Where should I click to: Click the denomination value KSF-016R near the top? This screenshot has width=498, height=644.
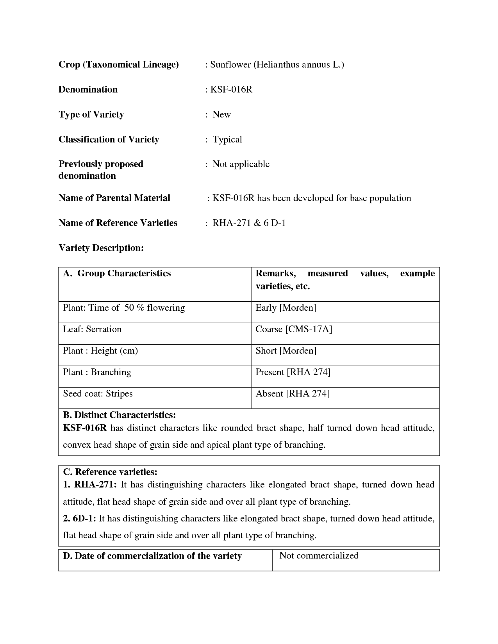[x=231, y=90]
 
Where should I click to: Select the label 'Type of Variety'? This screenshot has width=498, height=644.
[x=91, y=114]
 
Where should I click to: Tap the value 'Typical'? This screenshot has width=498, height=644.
[x=227, y=140]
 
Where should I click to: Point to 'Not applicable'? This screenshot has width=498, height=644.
[x=241, y=164]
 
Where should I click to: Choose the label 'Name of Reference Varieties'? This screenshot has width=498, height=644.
[x=118, y=223]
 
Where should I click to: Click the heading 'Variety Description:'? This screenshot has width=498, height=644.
[x=101, y=248]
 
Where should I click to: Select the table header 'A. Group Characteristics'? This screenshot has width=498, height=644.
[x=117, y=273]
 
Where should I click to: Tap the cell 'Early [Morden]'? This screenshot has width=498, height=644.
[x=286, y=308]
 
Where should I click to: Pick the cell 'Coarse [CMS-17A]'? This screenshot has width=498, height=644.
[x=294, y=329]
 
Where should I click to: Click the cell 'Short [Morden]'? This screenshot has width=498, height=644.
[x=286, y=351]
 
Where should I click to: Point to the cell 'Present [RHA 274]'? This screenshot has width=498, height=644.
[x=293, y=372]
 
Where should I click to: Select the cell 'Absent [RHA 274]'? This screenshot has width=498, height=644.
[x=293, y=394]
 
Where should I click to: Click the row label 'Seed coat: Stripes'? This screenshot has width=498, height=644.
[x=98, y=394]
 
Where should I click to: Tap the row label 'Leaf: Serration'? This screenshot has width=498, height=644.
[x=92, y=329]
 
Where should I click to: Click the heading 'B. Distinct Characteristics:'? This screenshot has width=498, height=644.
[x=119, y=415]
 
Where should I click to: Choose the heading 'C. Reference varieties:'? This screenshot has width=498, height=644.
[x=110, y=472]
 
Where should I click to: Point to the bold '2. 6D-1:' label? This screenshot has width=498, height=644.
[x=79, y=519]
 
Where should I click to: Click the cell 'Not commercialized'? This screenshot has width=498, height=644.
[x=319, y=556]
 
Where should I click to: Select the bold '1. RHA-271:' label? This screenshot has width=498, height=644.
[x=89, y=485]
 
